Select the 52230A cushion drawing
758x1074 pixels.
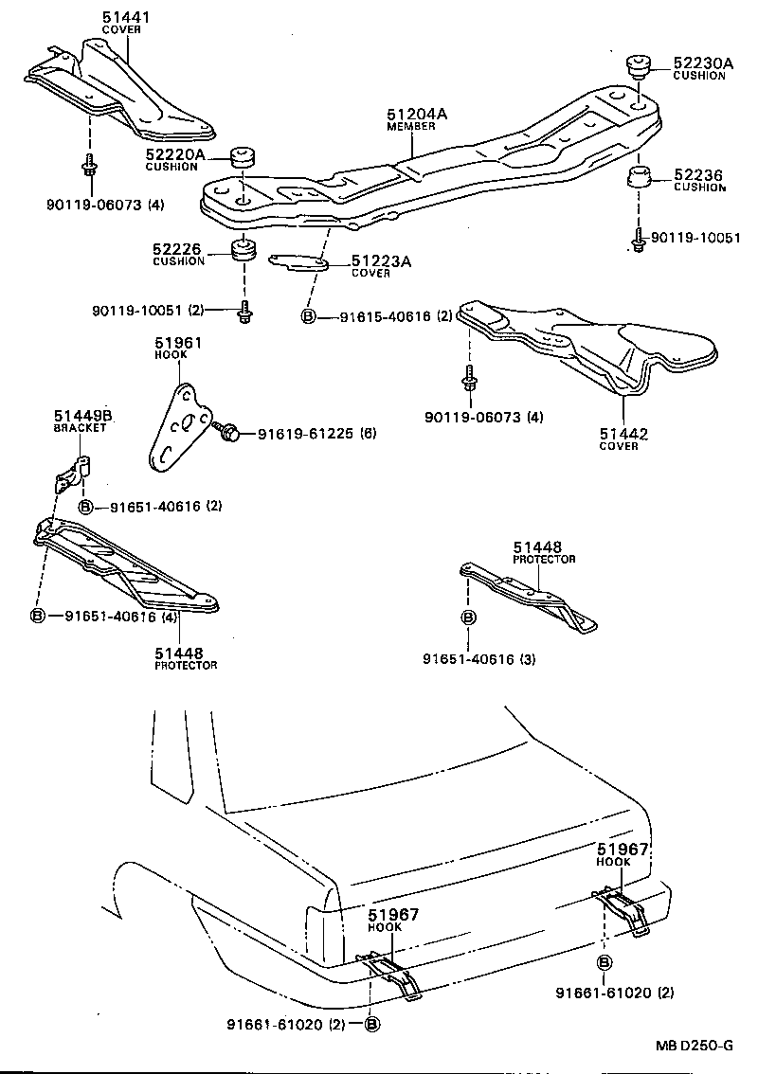[x=636, y=67]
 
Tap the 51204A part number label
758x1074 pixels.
[x=416, y=114]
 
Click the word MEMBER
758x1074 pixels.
[x=410, y=126]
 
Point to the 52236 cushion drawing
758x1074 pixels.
[x=638, y=176]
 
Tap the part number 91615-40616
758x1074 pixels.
[x=382, y=316]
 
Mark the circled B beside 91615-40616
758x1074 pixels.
[x=309, y=316]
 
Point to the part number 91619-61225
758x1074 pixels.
[x=302, y=434]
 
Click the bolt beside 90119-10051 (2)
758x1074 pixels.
[x=245, y=311]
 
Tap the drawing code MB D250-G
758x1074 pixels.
[x=694, y=1046]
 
